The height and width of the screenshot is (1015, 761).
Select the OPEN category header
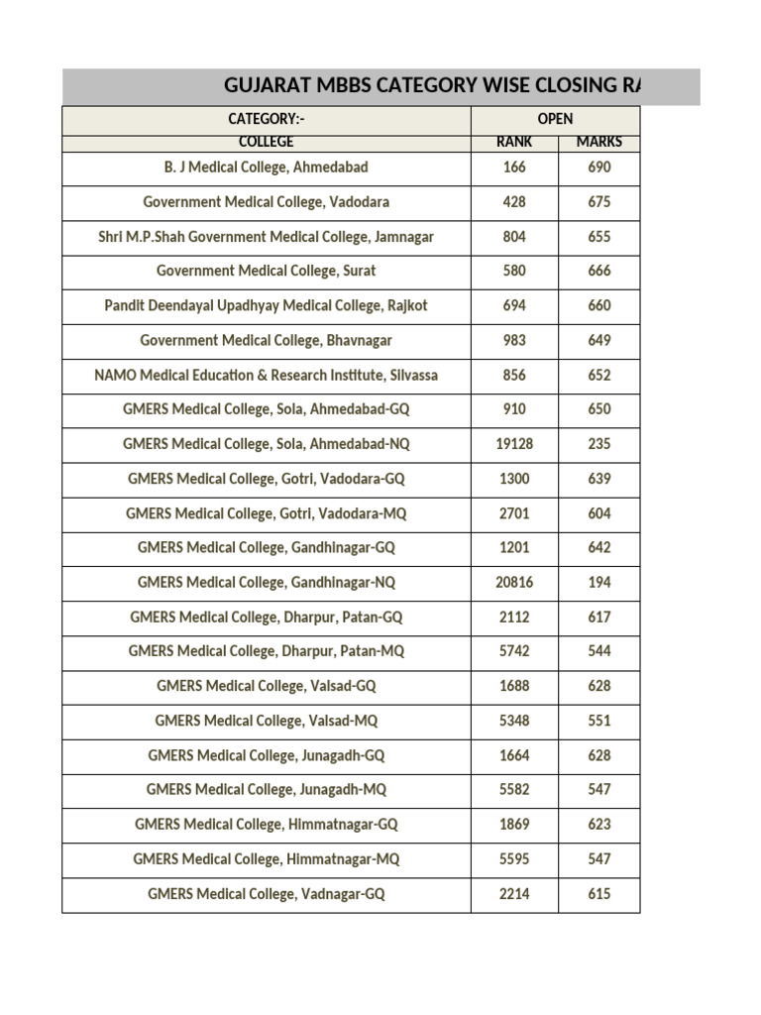tap(555, 119)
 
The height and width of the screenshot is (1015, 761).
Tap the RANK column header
tap(513, 142)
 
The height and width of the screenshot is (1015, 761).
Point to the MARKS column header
tap(598, 142)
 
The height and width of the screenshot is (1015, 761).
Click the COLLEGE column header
tap(266, 142)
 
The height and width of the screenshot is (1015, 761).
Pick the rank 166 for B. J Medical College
tap(513, 168)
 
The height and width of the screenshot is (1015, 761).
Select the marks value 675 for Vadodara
tap(598, 202)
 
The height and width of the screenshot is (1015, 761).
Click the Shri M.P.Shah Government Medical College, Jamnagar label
tap(266, 237)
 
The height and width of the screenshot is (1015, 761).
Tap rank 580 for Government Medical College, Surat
tap(513, 271)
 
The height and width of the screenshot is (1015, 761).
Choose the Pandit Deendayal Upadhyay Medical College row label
tap(266, 305)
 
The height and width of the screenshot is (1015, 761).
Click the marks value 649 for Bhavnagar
tap(598, 340)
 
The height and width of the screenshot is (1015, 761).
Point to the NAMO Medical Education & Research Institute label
tap(266, 375)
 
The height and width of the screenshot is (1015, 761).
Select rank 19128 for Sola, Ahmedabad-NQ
tap(513, 444)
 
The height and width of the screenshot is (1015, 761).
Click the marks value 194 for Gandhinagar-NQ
tap(598, 583)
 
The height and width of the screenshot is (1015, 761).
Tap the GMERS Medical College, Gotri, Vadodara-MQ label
tap(266, 513)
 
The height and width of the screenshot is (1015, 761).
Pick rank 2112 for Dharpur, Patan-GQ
tap(513, 617)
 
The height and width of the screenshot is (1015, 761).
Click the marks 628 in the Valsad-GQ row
tap(598, 686)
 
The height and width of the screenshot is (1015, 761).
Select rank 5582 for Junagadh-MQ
tap(513, 790)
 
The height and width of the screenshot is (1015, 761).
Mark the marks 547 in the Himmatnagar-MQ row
tap(598, 859)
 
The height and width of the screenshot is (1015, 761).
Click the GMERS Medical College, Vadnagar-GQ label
tap(266, 894)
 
